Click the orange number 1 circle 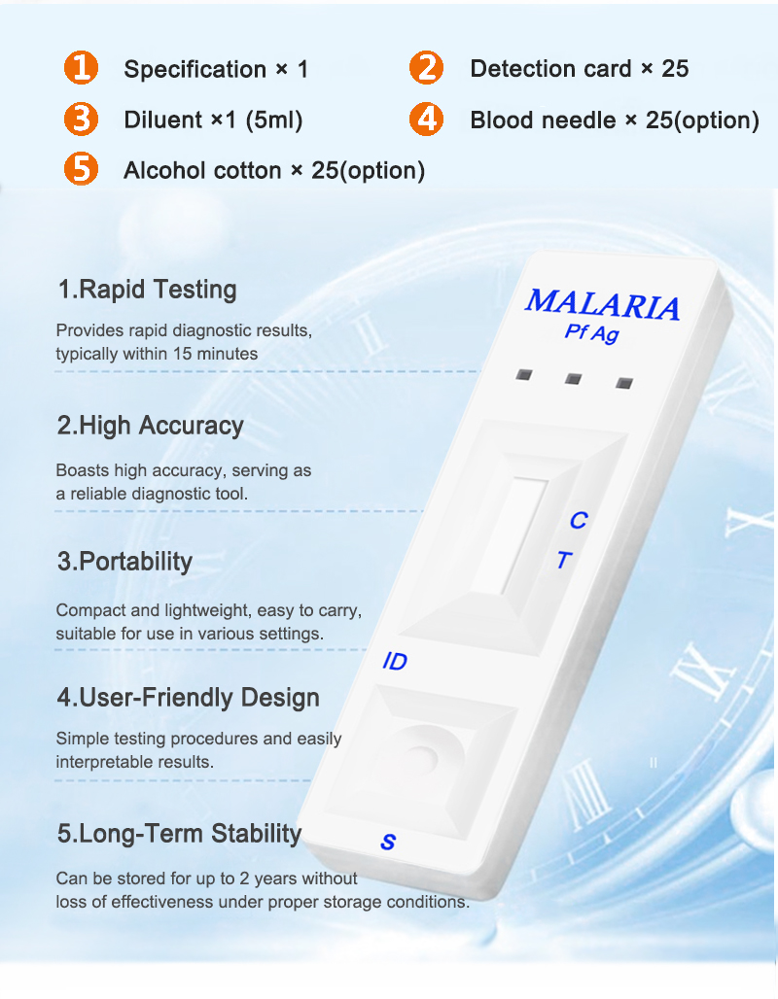click(x=82, y=68)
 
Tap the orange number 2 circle click(x=426, y=68)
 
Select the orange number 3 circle click(x=82, y=120)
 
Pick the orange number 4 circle click(x=426, y=120)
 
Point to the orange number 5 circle click(x=82, y=170)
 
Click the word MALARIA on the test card click(x=602, y=304)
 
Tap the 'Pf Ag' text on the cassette click(x=591, y=333)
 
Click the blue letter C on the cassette click(x=578, y=521)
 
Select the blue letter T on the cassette click(x=563, y=561)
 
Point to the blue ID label click(x=395, y=663)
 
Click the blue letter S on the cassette click(x=388, y=843)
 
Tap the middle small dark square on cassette click(x=574, y=378)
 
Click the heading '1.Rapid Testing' click(x=147, y=290)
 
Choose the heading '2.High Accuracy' click(x=150, y=426)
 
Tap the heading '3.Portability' click(x=124, y=562)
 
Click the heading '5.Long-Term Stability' click(x=179, y=834)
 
